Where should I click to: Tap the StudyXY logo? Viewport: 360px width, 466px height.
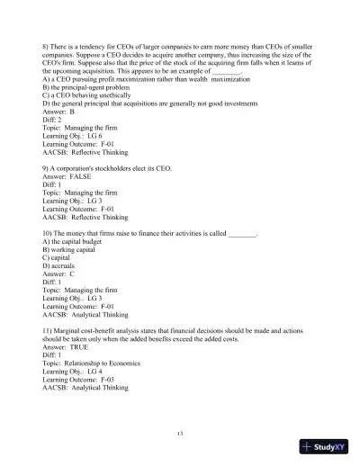coord(325,447)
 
